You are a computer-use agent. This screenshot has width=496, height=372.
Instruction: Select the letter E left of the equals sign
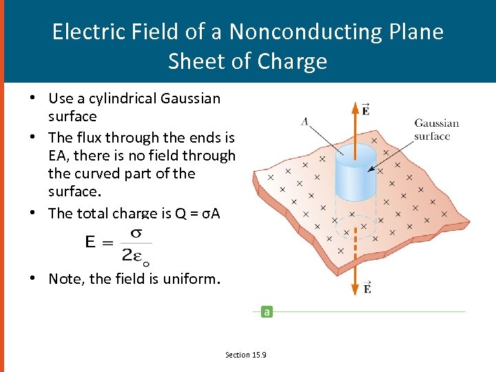click(x=91, y=242)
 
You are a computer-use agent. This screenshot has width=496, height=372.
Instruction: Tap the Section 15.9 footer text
click(x=246, y=355)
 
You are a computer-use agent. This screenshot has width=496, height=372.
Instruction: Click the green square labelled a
click(x=267, y=311)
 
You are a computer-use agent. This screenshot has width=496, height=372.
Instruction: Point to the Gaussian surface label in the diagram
click(x=436, y=130)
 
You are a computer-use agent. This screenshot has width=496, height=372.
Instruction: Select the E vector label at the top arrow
click(x=365, y=110)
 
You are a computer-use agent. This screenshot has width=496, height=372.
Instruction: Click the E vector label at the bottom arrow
click(x=367, y=287)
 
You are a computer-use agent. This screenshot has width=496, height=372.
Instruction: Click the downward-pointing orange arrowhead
click(x=355, y=290)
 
